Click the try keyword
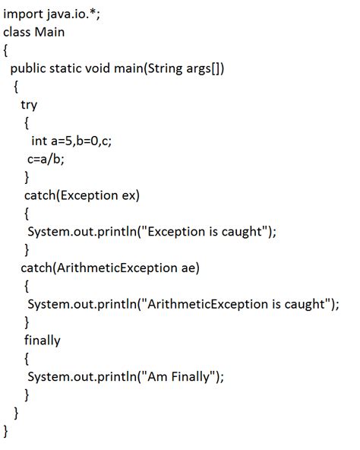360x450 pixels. (x=29, y=104)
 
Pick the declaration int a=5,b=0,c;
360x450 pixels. (x=77, y=141)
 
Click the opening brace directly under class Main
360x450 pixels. (x=5, y=50)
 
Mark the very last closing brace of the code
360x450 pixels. (x=5, y=431)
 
